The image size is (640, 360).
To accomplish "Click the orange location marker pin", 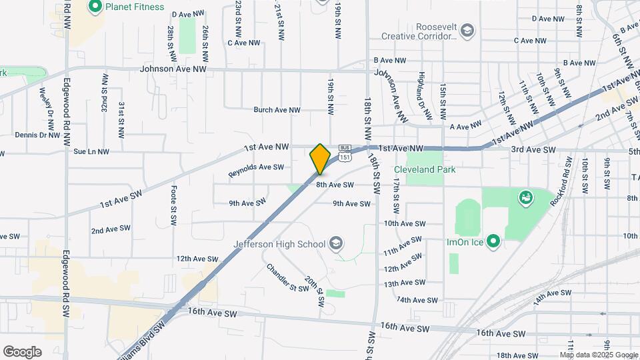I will pos(320,159).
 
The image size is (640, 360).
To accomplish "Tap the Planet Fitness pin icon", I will pos(95,7).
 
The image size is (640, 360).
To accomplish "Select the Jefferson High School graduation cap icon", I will pos(335,243).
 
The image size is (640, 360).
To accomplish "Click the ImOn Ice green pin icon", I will pos(493,241).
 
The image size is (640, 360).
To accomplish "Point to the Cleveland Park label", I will pos(425,169).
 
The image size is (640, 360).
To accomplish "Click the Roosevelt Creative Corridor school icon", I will pos(468,31).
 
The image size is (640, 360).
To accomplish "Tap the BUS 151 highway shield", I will pos(345,152).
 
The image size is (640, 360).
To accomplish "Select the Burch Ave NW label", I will pos(277,110).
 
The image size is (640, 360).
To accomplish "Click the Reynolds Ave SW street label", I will pos(256,171).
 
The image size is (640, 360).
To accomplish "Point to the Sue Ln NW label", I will pos(91,152).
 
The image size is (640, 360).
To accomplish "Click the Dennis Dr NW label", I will pos(37,135).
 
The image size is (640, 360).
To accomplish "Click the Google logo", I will pos(22,351).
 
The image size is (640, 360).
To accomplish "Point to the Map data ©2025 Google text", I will pos(599,355).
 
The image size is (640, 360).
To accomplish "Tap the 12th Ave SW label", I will pos(197,259).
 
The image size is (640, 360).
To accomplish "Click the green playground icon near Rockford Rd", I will pos(525,197).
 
